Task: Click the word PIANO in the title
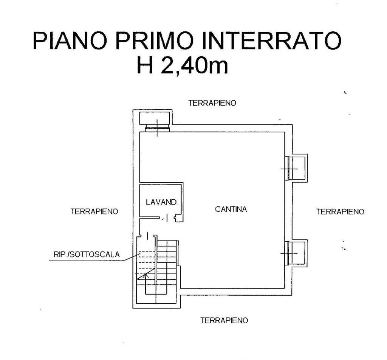pos(70,40)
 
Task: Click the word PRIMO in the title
pos(154,40)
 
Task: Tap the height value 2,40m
pos(195,65)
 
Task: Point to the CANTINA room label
pos(231,209)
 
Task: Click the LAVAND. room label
pos(162,202)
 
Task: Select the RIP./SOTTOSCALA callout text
pos(87,254)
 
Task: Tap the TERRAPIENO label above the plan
pos(212,103)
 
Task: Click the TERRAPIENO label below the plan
pos(224,321)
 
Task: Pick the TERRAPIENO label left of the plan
pos(94,211)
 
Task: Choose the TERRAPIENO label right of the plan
pos(341,212)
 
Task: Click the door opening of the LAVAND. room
pos(167,218)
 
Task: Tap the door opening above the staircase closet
pos(148,236)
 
